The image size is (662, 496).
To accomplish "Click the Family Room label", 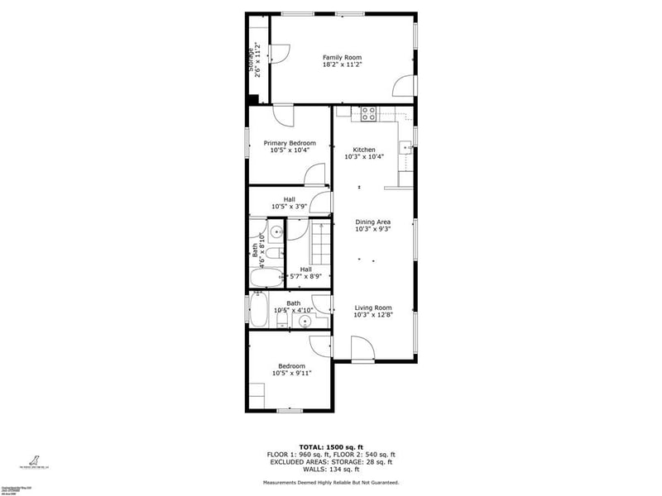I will (x=342, y=57).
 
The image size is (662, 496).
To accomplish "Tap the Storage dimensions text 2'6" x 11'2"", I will (x=258, y=60).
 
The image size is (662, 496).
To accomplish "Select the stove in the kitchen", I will (x=368, y=114).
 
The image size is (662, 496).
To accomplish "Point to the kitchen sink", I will (x=405, y=148).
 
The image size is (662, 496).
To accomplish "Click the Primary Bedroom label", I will (x=290, y=143).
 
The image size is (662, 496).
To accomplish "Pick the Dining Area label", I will (x=372, y=222).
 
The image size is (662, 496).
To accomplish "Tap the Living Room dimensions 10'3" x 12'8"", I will (x=372, y=315).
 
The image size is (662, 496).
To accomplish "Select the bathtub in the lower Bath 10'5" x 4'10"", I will (x=257, y=312).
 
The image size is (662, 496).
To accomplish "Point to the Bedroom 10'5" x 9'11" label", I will (x=291, y=366).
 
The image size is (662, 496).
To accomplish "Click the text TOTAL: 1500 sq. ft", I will (x=330, y=446).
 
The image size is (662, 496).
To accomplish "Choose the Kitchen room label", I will (x=364, y=150).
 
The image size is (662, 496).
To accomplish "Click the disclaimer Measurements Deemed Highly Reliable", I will (x=330, y=482).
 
